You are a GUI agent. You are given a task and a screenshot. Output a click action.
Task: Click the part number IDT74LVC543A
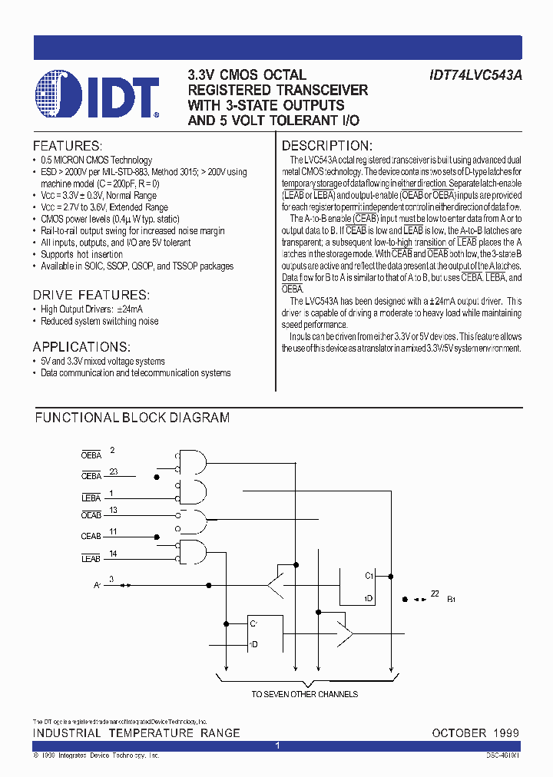click(x=475, y=75)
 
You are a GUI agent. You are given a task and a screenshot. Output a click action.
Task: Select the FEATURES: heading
click(x=67, y=146)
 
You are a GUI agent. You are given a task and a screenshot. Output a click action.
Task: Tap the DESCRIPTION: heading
click(x=327, y=146)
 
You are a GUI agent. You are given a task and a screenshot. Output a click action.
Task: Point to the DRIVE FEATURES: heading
click(x=91, y=295)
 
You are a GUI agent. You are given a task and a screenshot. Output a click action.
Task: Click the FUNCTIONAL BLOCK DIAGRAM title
click(x=132, y=418)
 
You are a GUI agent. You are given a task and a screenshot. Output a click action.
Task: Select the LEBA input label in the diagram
click(x=91, y=498)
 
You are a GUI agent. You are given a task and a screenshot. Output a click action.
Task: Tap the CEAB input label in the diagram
click(x=91, y=536)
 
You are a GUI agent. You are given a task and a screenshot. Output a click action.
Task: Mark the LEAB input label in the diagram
click(x=91, y=558)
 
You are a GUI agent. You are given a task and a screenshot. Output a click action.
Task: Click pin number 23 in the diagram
click(x=114, y=472)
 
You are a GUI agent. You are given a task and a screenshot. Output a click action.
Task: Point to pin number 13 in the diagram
click(x=114, y=510)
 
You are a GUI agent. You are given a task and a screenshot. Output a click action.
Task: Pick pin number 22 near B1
click(x=435, y=593)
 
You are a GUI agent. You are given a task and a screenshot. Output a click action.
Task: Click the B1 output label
click(x=452, y=599)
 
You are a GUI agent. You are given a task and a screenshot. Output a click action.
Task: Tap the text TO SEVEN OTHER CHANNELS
click(x=305, y=694)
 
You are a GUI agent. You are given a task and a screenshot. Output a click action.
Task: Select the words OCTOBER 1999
click(x=475, y=733)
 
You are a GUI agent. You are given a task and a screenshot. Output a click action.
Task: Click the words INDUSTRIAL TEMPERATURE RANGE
click(x=137, y=733)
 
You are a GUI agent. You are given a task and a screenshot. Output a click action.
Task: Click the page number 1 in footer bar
click(x=277, y=746)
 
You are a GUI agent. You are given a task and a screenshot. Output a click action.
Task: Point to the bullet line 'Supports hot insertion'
click(x=81, y=254)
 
